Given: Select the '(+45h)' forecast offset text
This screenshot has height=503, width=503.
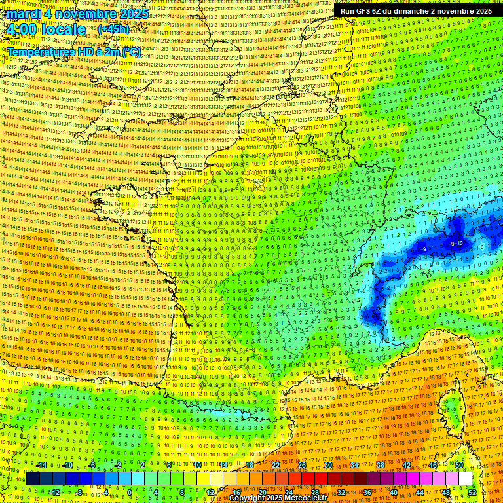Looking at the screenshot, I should pyautogui.click(x=113, y=29).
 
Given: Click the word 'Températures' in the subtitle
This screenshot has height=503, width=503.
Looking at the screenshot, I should pyautogui.click(x=40, y=52).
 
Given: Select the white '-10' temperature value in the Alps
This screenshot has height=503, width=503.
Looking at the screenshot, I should pyautogui.click(x=459, y=244).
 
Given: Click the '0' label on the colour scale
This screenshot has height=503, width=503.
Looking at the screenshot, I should pyautogui.click(x=130, y=493).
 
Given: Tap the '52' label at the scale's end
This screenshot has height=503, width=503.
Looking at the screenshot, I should pyautogui.click(x=472, y=493).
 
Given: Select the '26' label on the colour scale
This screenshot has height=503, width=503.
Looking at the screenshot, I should pyautogui.click(x=302, y=465).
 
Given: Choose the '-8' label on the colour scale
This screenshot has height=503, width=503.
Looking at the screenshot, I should pyautogui.click(x=79, y=493).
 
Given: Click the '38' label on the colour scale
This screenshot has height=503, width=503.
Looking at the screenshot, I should pyautogui.click(x=381, y=465).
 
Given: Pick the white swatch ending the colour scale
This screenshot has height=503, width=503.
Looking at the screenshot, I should pyautogui.click(x=465, y=479).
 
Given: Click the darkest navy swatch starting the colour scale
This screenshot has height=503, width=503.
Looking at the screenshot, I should pyautogui.click(x=33, y=479).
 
